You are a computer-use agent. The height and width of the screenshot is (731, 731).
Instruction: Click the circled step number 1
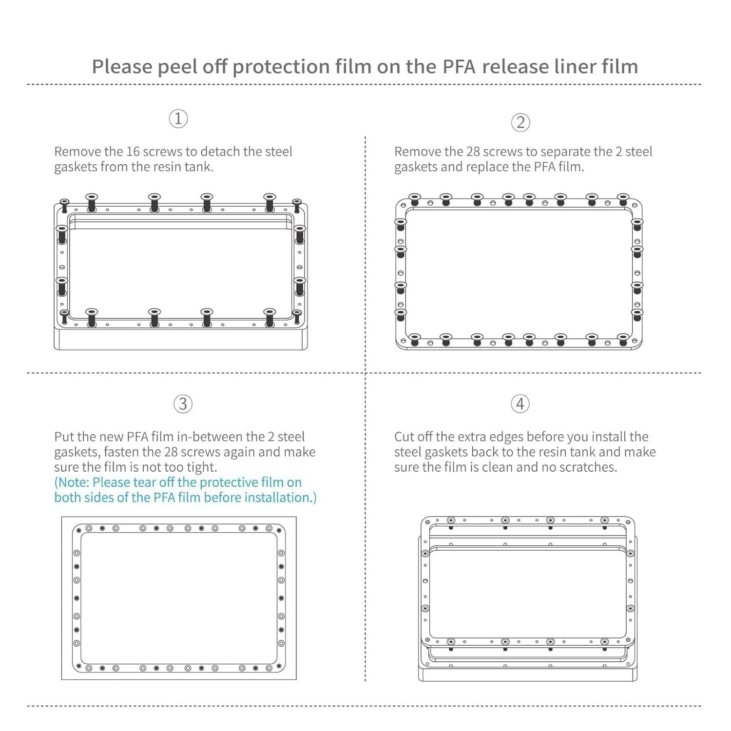[x=178, y=118]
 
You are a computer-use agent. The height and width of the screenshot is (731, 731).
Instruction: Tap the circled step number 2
[x=520, y=122]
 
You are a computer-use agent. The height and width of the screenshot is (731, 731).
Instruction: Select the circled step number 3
[x=183, y=404]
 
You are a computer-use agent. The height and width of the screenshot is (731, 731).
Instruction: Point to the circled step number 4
[x=520, y=404]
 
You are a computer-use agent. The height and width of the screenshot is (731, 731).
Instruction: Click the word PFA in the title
[x=459, y=67]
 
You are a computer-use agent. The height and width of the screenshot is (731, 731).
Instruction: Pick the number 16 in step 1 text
[x=133, y=152]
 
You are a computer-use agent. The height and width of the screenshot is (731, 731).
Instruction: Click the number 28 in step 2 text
[x=473, y=152]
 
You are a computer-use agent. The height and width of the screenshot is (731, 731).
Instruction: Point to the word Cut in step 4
[x=404, y=437]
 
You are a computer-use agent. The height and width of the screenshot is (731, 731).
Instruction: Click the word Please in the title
[x=122, y=67]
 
